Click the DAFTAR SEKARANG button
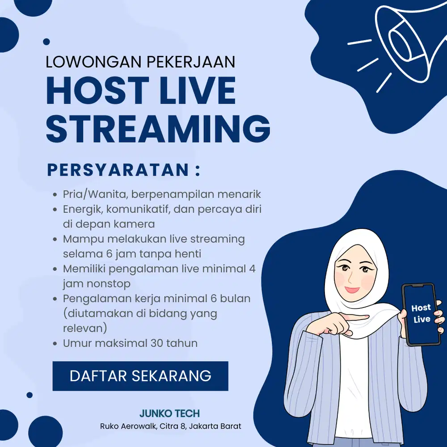click(x=140, y=376)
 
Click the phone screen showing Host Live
click(x=421, y=313)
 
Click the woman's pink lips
click(x=352, y=289)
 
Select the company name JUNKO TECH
click(x=169, y=413)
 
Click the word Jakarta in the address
click(x=203, y=426)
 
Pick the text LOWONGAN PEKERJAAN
click(x=140, y=62)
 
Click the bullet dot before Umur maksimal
click(x=55, y=344)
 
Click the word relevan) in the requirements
click(x=85, y=328)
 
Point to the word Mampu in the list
click(x=80, y=239)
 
